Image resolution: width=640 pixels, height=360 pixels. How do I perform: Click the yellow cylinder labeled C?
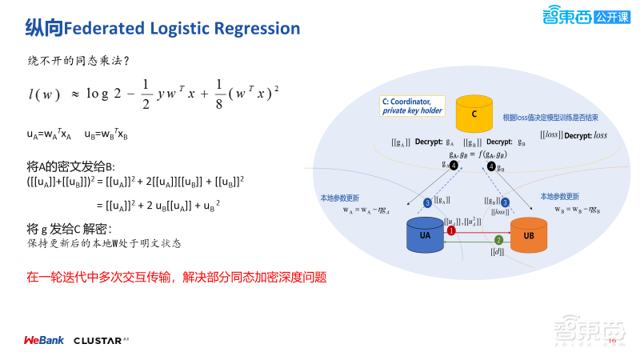[474, 114]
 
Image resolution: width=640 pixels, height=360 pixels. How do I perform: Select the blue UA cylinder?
[426, 234]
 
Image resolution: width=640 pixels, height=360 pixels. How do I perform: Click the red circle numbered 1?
[451, 230]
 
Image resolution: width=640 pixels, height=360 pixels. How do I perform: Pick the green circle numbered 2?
[498, 239]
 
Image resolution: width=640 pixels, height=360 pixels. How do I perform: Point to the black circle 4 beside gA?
[454, 166]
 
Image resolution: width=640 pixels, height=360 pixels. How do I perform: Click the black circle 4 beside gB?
[490, 167]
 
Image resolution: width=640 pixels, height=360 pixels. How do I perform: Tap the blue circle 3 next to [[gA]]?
[428, 203]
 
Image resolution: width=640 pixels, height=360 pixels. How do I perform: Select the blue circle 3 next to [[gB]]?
[505, 202]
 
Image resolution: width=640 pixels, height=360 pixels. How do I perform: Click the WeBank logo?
[43, 340]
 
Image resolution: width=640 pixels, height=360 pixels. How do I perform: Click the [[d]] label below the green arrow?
[498, 251]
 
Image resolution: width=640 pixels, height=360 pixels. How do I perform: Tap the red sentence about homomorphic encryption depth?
[177, 278]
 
